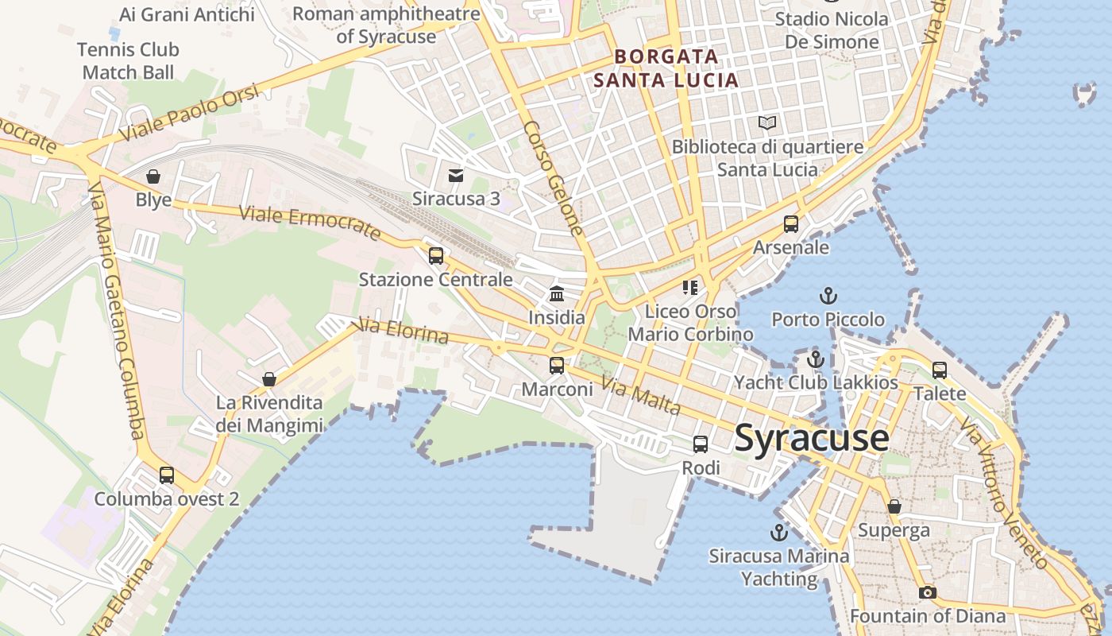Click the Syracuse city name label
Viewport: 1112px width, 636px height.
(x=811, y=438)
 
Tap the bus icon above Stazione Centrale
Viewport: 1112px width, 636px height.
(x=435, y=256)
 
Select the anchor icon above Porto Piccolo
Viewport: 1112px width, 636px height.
(x=828, y=297)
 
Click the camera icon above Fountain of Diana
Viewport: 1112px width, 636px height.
(x=927, y=592)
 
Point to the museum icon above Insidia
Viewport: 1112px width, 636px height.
(x=557, y=294)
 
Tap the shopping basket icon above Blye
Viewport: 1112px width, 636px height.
(x=153, y=176)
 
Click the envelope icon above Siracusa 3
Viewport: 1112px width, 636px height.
(x=456, y=175)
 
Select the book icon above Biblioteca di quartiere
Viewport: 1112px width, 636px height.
(x=767, y=123)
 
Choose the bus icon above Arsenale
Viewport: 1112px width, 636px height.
(x=790, y=224)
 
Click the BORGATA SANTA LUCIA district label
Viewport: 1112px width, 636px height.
(x=666, y=68)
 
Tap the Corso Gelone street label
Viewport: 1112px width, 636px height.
(x=554, y=179)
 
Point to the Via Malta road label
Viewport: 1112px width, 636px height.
(x=640, y=395)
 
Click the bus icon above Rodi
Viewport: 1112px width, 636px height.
(x=700, y=444)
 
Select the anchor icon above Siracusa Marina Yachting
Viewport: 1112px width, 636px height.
(x=778, y=533)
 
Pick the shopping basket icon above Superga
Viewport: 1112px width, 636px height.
(x=894, y=506)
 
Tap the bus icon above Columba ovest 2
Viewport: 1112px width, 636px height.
(x=166, y=475)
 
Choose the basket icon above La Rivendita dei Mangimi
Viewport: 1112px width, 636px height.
(x=269, y=379)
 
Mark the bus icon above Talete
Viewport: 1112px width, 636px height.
(x=940, y=370)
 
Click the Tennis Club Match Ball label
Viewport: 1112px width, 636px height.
(x=128, y=61)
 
